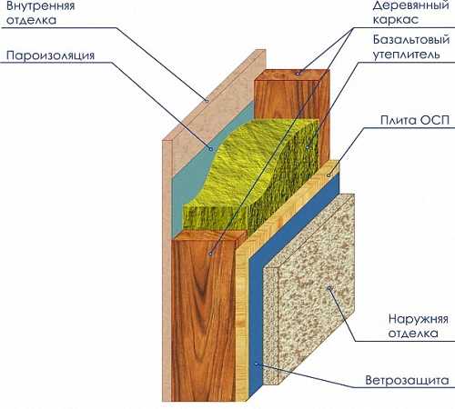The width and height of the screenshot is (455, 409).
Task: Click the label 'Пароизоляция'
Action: point(50,55)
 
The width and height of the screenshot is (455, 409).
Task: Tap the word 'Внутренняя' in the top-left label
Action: point(40,6)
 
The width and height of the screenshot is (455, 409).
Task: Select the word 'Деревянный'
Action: point(411,5)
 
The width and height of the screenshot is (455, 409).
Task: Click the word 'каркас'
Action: point(396,20)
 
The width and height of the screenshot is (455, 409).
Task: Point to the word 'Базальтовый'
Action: point(411,40)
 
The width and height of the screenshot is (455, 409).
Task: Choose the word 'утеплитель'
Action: point(406,55)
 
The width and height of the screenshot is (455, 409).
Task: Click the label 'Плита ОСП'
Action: point(415,120)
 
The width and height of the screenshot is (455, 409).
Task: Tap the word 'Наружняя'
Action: point(418,319)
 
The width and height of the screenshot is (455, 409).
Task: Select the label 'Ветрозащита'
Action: point(407,380)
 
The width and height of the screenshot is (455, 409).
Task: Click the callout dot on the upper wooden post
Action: point(298,73)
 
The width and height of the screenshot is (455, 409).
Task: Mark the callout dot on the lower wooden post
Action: point(210,254)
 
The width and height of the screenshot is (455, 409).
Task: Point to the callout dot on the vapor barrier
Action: point(210,149)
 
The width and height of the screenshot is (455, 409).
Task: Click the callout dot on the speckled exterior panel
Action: point(329,288)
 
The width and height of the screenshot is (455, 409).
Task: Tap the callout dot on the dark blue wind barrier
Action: point(257,364)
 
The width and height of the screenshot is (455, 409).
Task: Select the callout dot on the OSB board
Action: point(329,175)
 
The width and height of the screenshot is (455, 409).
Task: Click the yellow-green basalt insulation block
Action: point(252,175)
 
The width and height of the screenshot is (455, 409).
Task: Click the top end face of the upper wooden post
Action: point(292,75)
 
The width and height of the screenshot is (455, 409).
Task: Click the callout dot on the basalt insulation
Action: point(308,147)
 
